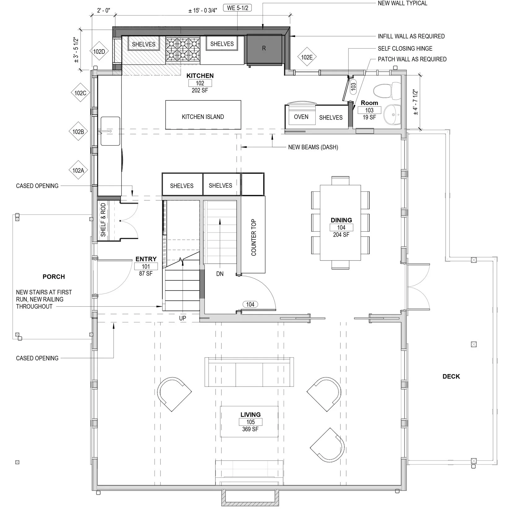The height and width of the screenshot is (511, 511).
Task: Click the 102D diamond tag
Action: (x=99, y=52)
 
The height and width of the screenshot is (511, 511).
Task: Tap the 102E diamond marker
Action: (x=307, y=57)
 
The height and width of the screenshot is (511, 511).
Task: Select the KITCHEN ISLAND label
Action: (x=203, y=117)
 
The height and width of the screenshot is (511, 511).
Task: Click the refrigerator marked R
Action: (x=264, y=48)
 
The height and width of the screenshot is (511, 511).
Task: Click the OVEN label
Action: (x=301, y=117)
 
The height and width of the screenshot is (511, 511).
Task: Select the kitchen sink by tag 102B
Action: (x=110, y=131)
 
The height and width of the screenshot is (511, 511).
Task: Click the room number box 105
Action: (x=251, y=422)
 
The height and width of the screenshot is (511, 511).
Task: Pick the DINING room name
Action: (x=341, y=220)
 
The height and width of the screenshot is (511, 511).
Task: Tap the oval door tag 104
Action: (x=250, y=304)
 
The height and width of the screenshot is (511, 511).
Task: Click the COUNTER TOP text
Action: (x=254, y=238)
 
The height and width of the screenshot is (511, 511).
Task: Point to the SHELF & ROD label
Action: (x=103, y=220)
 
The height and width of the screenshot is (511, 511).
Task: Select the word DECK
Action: (x=451, y=376)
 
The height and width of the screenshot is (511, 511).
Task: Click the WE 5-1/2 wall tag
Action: (x=238, y=8)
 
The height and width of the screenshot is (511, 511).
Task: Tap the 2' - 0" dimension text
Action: (x=103, y=10)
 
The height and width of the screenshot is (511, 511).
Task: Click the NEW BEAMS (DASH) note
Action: (x=313, y=147)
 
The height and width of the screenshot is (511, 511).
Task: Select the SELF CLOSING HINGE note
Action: (x=405, y=48)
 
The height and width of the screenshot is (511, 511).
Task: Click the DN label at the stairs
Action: (x=220, y=274)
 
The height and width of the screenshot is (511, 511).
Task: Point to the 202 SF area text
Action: (x=200, y=90)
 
